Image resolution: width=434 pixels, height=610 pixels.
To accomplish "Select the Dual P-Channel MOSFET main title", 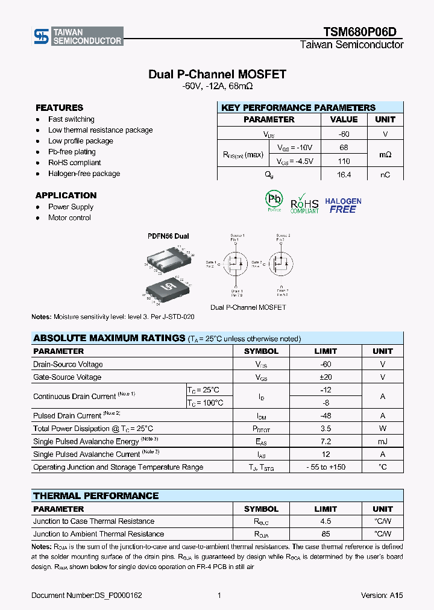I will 217,75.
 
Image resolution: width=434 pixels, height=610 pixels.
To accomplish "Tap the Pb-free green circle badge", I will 274,201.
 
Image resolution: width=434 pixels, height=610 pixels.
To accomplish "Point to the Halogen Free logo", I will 343,206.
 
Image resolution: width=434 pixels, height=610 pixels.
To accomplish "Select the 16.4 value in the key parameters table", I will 344,175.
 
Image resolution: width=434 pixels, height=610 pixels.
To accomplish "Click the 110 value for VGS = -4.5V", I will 344,161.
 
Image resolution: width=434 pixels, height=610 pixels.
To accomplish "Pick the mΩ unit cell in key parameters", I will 385,154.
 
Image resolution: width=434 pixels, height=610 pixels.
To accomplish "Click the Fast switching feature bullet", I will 71,119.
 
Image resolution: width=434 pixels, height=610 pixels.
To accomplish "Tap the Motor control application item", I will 69,218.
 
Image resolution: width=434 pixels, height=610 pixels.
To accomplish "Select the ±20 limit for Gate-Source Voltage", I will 326,377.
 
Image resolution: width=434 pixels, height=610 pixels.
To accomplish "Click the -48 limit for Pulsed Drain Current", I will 326,416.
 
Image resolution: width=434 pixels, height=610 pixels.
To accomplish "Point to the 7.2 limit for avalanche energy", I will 326,441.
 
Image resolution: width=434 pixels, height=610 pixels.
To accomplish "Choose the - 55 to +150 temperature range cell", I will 326,467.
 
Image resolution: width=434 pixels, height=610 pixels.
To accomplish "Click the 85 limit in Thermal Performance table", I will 326,534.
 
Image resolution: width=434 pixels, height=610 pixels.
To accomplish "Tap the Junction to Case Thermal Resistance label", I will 93,521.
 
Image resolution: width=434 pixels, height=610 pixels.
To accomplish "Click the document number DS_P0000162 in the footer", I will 86,596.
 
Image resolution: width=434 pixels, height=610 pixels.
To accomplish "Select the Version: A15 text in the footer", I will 382,596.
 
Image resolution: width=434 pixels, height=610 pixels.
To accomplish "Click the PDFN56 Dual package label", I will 169,236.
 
